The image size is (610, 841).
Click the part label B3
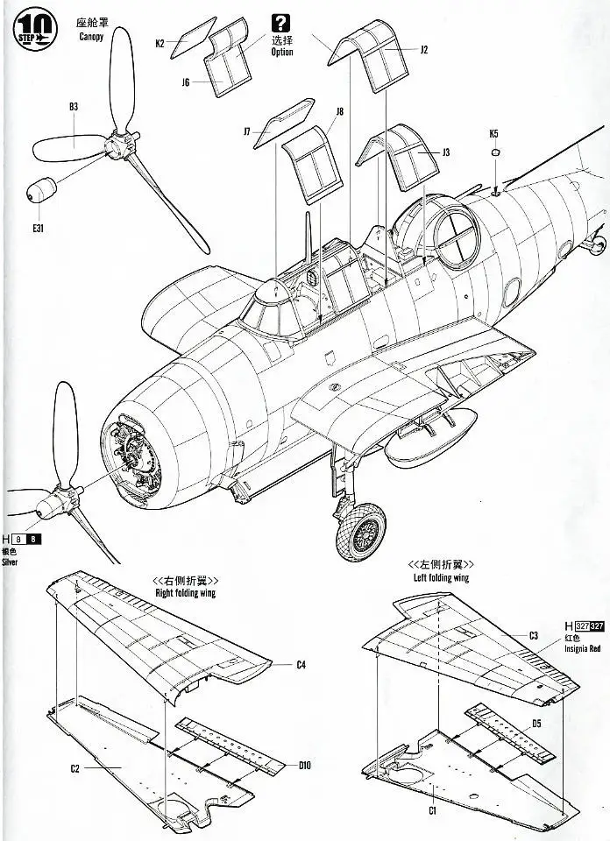click(x=74, y=108)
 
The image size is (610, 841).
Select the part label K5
click(x=494, y=134)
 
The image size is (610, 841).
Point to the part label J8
click(x=339, y=111)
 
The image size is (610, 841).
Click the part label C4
click(x=300, y=665)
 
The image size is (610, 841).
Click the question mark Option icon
click(x=281, y=24)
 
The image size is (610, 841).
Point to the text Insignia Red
click(x=587, y=648)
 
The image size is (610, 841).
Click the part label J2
click(x=423, y=50)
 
